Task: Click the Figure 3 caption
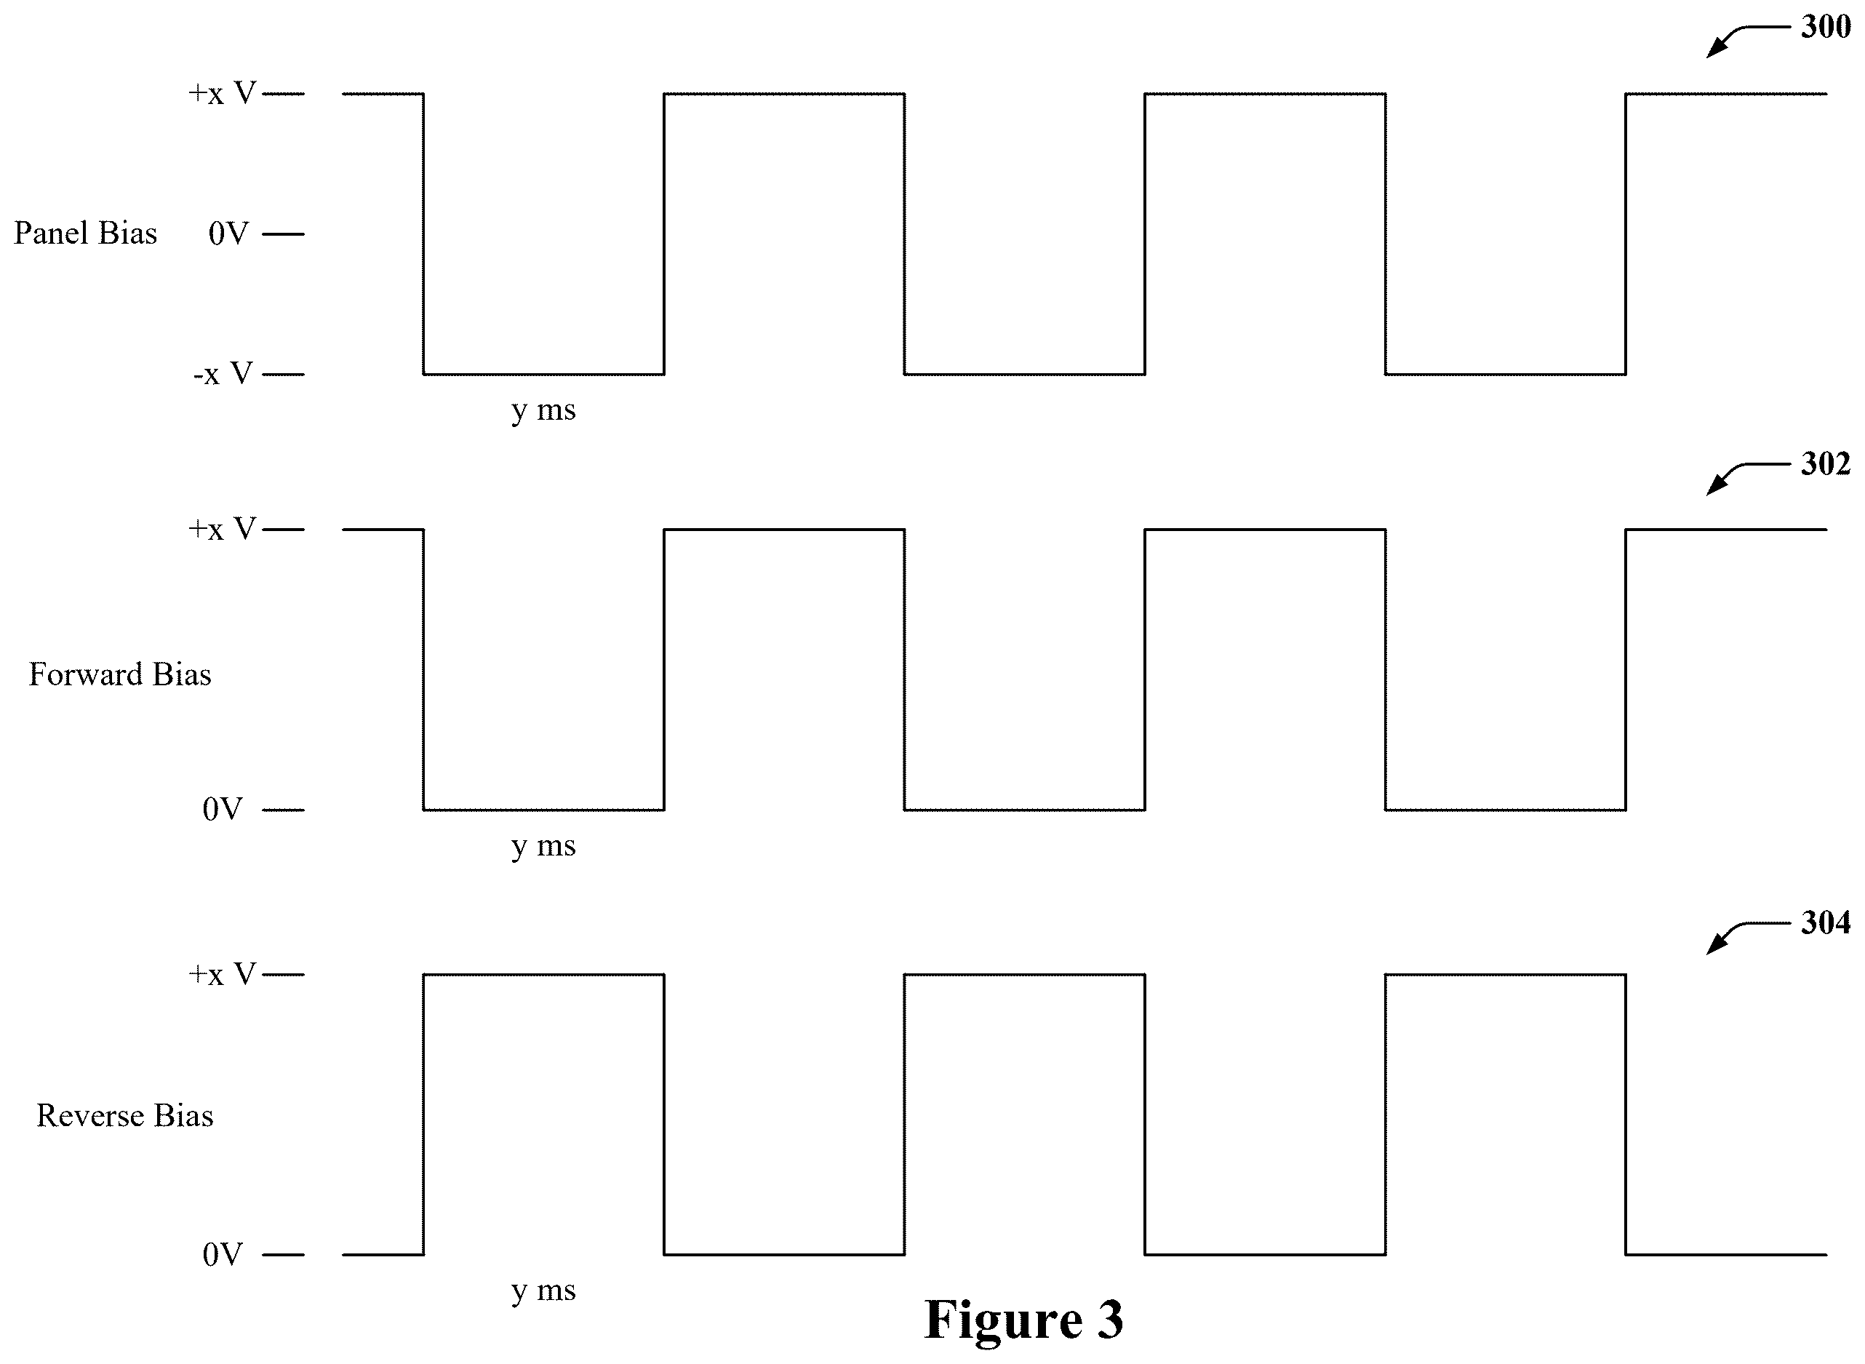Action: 1023,1320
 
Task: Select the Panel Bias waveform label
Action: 85,233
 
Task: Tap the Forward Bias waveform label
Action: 120,674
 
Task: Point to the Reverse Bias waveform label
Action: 124,1115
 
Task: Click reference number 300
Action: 1826,27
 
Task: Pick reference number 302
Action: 1826,464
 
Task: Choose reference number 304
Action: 1826,923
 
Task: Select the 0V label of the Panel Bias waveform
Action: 228,234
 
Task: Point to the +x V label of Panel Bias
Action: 222,93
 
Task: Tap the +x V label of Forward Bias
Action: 222,528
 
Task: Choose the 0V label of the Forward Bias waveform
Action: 222,809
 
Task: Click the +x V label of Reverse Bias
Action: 222,974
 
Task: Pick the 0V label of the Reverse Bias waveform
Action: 222,1255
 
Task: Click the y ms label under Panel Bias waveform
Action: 543,411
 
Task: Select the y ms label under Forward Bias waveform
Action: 543,847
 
